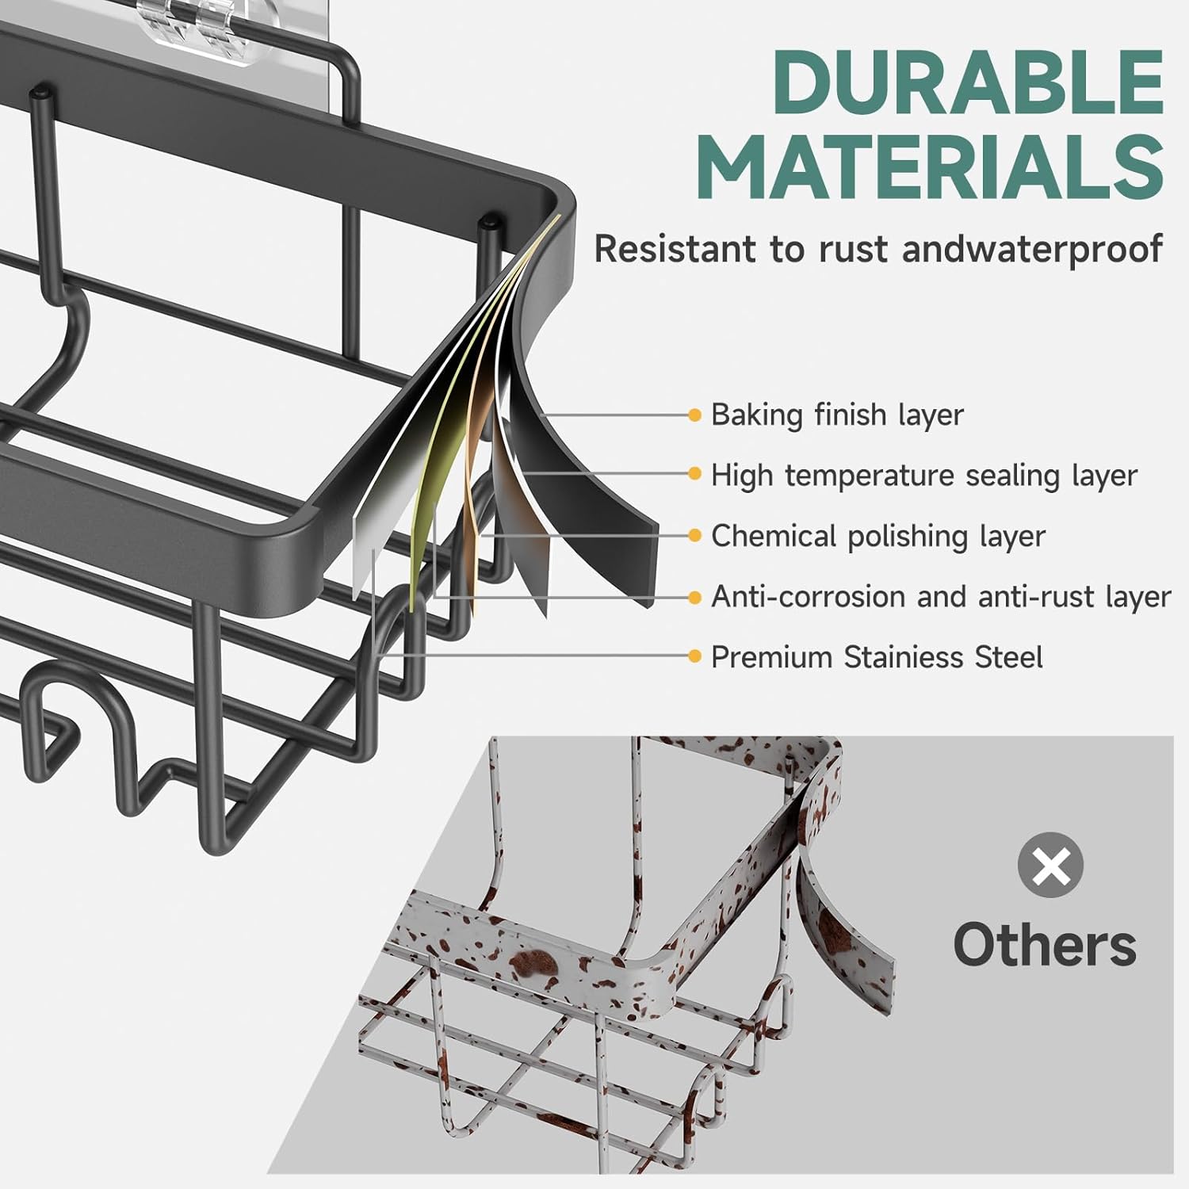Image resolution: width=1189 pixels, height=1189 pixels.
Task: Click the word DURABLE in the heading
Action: [x=968, y=82]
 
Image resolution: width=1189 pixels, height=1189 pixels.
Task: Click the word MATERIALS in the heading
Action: [x=933, y=168]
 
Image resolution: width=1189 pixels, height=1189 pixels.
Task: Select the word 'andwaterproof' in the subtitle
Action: [x=1032, y=249]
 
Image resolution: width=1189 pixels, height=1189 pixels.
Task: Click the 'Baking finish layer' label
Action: [x=836, y=415]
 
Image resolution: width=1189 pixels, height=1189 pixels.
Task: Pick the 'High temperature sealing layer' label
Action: [x=923, y=476]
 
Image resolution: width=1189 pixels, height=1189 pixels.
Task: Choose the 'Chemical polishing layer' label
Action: [x=877, y=536]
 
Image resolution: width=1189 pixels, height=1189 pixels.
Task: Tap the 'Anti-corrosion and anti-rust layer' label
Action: [x=940, y=596]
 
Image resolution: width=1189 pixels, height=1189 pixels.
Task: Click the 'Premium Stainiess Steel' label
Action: [x=876, y=657]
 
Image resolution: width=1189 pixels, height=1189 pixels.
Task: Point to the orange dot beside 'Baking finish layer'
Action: [x=695, y=415]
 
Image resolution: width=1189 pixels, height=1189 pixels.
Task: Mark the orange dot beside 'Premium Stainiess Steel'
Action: [x=695, y=656]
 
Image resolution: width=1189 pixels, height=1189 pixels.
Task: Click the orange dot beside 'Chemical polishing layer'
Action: [x=695, y=536]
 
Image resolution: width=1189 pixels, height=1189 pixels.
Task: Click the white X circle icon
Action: [x=1050, y=865]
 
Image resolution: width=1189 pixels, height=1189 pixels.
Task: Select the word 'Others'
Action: [x=1045, y=945]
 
